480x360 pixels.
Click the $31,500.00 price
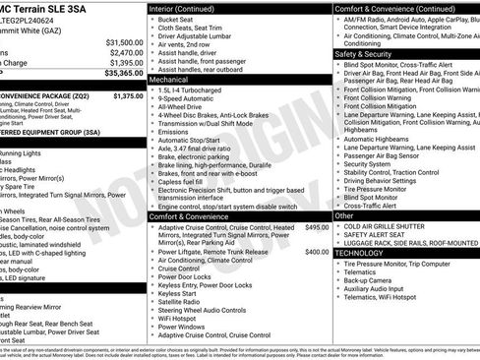(123, 43)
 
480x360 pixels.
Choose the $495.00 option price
(317, 227)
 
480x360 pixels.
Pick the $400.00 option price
(317, 252)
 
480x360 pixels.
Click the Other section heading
(344, 215)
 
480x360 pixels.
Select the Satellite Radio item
(180, 302)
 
